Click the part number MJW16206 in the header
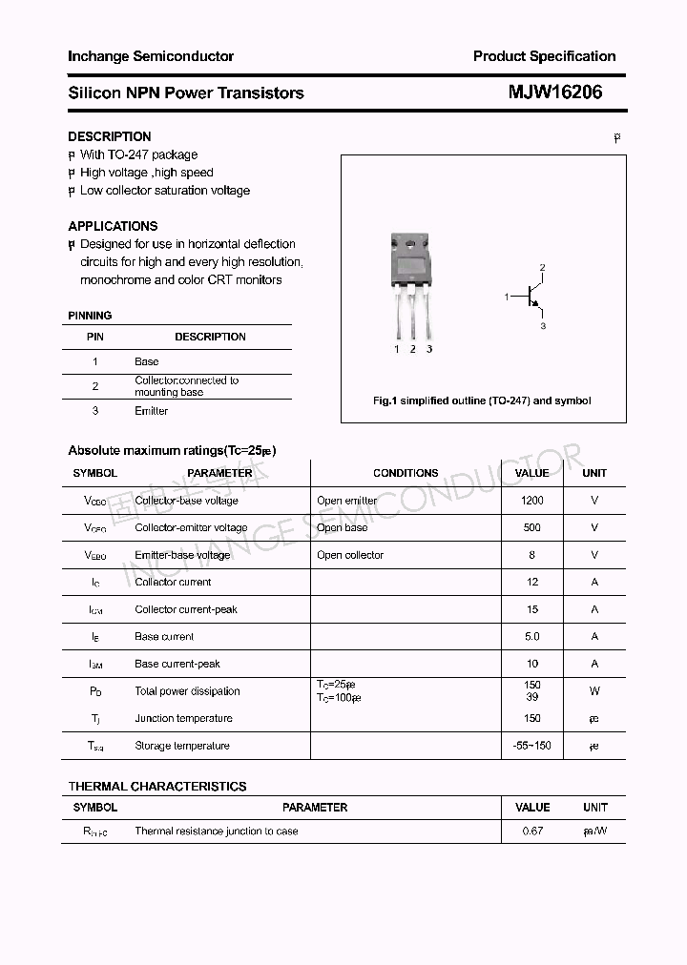pos(554,92)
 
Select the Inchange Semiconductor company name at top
pos(151,56)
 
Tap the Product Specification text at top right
pos(544,56)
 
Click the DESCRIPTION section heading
pos(110,136)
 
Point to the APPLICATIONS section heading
pos(113,226)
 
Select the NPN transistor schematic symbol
pos(530,298)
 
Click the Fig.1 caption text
pos(482,400)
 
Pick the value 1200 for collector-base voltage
pos(532,501)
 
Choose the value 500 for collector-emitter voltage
pos(532,527)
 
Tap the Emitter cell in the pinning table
pos(151,411)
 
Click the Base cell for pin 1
pos(147,361)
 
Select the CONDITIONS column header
pos(406,473)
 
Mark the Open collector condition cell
pos(350,555)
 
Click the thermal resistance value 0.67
pos(532,832)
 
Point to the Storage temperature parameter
pos(182,746)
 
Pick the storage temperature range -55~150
pos(532,746)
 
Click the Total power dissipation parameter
pos(187,691)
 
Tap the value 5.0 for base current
pos(532,636)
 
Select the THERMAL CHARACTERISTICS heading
pos(157,787)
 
